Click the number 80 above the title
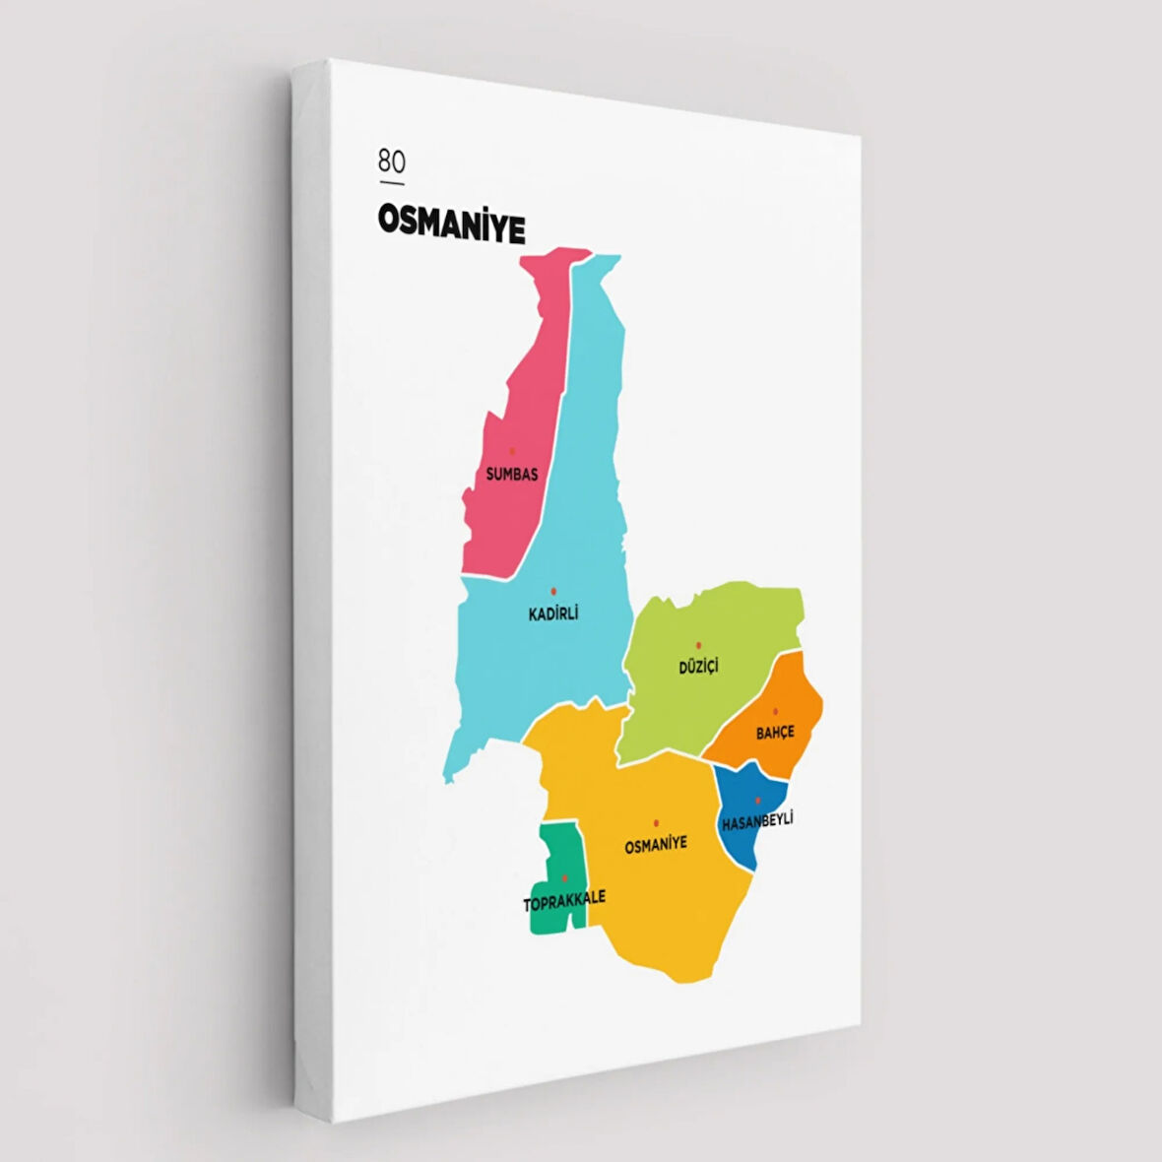click(x=391, y=161)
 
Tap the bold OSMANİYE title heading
click(x=451, y=224)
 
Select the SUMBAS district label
click(x=512, y=475)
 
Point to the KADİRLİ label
click(x=553, y=613)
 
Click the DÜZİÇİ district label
click(x=698, y=667)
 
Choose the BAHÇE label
click(x=775, y=733)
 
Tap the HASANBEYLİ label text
click(x=757, y=820)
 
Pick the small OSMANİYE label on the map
click(x=656, y=844)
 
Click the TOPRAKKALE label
click(x=564, y=899)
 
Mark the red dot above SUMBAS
click(x=511, y=451)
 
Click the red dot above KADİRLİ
click(x=553, y=591)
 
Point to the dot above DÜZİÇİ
click(x=698, y=645)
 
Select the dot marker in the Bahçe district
click(x=775, y=711)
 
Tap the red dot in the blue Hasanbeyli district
click(x=757, y=800)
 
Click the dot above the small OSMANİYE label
click(x=655, y=822)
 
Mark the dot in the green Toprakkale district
click(x=564, y=877)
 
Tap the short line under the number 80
click(x=391, y=182)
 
